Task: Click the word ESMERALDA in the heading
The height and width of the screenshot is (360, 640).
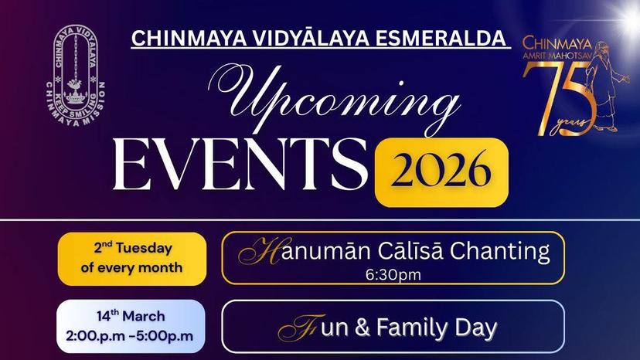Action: click(x=441, y=39)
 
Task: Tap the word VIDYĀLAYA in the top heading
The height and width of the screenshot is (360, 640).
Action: click(x=311, y=38)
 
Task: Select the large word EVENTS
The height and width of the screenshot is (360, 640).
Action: click(x=240, y=164)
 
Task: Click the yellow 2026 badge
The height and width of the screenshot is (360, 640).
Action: click(x=441, y=172)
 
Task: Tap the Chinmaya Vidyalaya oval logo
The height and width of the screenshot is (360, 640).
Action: click(x=76, y=75)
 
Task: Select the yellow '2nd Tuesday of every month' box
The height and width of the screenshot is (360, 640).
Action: click(x=132, y=259)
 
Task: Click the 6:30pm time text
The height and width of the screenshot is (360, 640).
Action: click(x=393, y=275)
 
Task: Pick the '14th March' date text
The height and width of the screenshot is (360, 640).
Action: click(x=131, y=316)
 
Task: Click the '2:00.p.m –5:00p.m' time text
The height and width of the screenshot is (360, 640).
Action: click(x=130, y=336)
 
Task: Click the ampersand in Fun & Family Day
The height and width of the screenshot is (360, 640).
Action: click(x=362, y=328)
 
